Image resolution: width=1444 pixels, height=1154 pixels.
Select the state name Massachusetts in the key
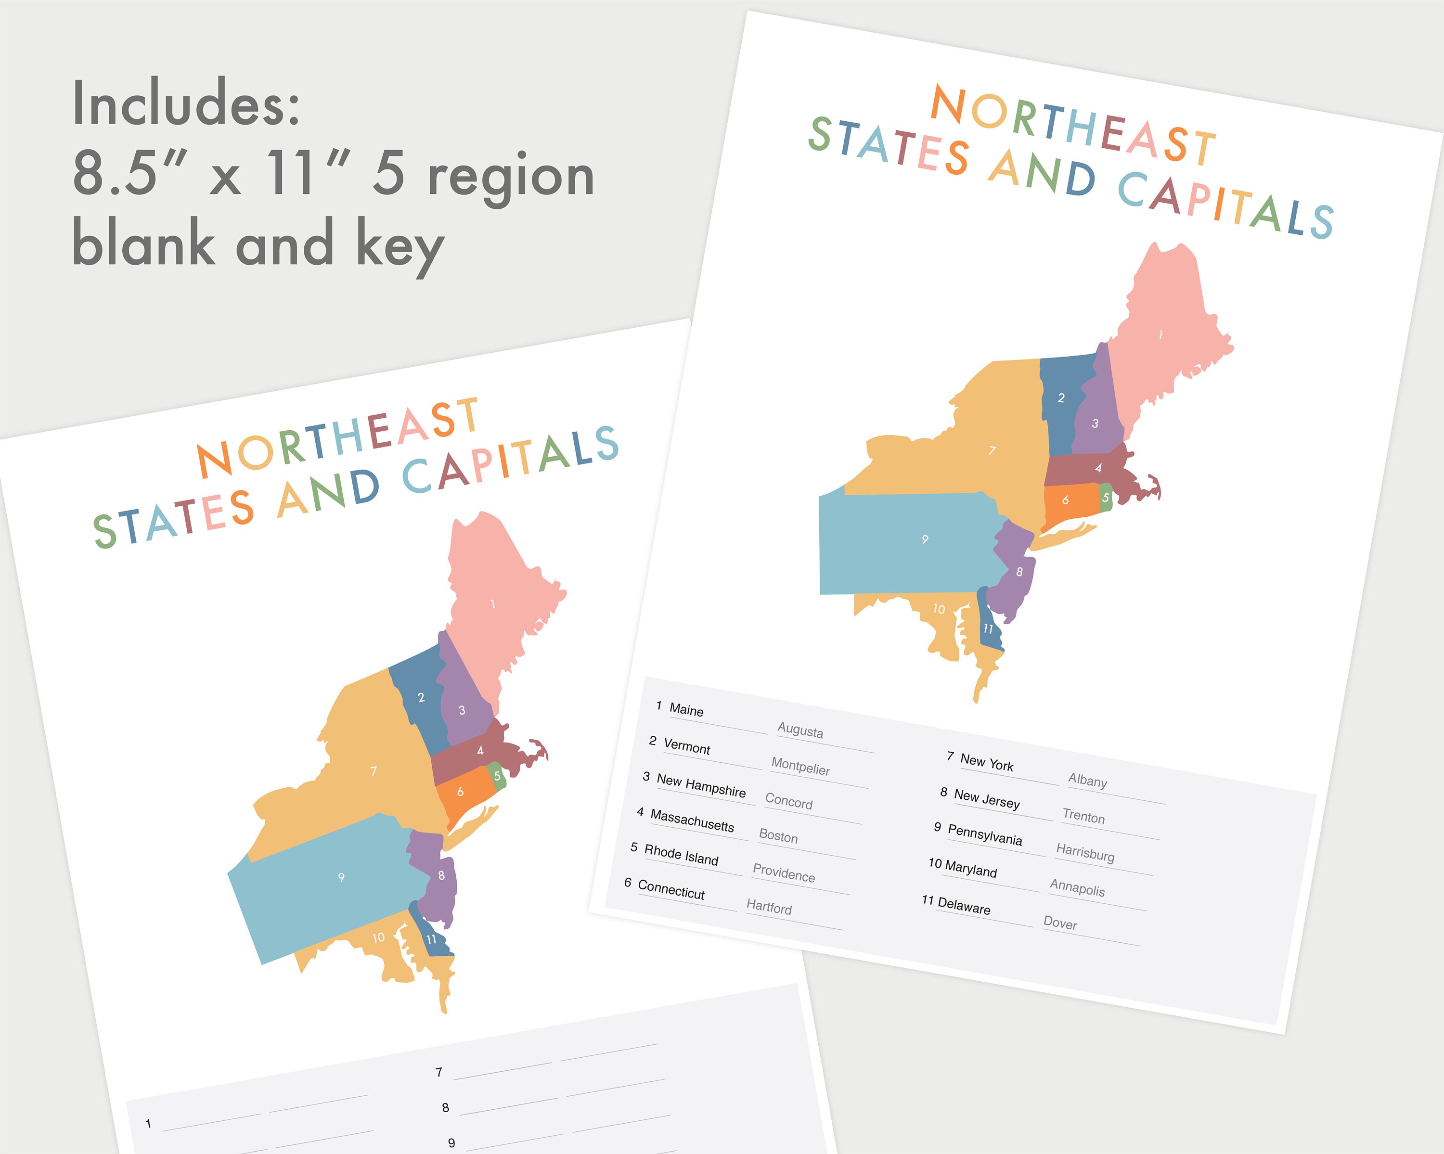click(x=692, y=821)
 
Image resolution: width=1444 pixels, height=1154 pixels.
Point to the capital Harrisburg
click(x=1085, y=853)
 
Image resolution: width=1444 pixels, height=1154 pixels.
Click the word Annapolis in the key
click(x=1077, y=888)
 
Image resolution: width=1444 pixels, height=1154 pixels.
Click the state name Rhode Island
click(x=681, y=855)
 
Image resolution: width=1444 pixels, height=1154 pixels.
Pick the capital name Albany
click(x=1088, y=780)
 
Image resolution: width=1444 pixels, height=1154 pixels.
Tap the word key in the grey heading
click(x=400, y=246)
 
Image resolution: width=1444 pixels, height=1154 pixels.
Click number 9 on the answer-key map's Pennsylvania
click(x=925, y=539)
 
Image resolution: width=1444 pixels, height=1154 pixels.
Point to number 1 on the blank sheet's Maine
click(x=493, y=604)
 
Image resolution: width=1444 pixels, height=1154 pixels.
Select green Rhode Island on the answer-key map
click(x=1106, y=498)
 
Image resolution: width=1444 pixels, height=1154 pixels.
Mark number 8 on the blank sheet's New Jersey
click(x=441, y=875)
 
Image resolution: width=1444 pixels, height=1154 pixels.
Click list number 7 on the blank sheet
click(x=438, y=1072)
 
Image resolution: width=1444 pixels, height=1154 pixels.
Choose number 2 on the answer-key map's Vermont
click(x=1061, y=398)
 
